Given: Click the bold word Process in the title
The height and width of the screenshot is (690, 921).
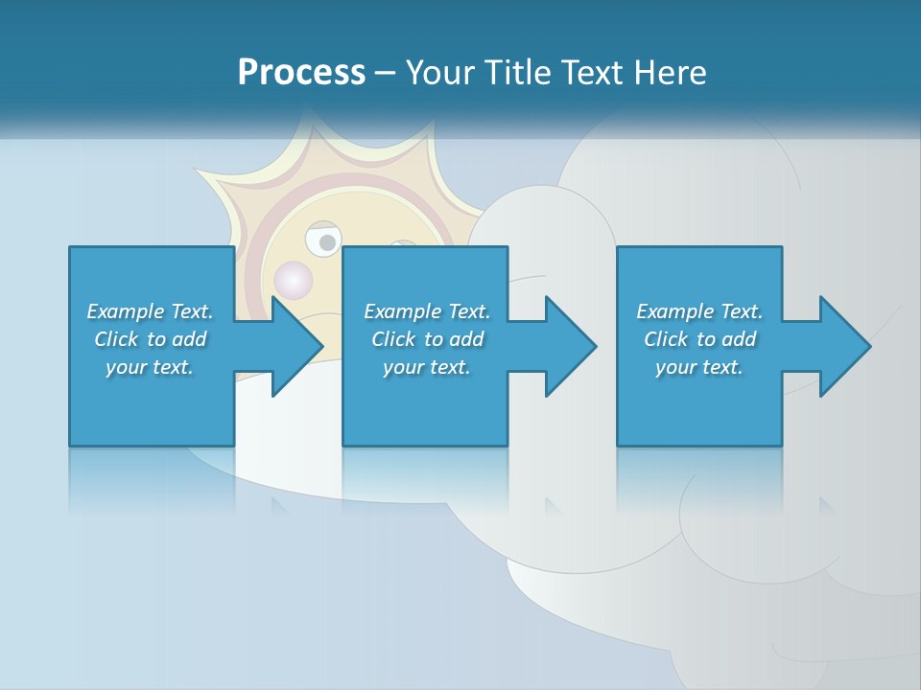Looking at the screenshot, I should tap(301, 73).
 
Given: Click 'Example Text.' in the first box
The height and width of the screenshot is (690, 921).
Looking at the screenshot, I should tap(150, 311).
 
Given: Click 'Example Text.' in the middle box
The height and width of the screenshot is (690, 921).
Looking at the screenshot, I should tap(427, 311).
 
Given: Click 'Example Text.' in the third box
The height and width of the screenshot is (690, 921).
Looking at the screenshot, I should tap(699, 311).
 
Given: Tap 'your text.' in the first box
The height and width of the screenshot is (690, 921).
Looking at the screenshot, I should tap(150, 367).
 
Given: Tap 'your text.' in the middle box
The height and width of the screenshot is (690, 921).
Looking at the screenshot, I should tap(427, 367).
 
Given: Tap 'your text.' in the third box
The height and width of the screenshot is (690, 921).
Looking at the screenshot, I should tap(699, 367).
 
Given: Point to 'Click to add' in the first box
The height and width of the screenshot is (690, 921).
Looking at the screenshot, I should tap(150, 339).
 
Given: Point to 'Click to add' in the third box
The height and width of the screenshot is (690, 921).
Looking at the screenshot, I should tap(699, 339).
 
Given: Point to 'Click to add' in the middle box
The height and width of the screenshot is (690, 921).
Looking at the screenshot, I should tap(427, 339).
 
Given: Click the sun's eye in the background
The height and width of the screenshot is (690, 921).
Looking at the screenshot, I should tap(322, 239).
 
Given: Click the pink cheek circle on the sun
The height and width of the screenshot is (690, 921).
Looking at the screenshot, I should tap(293, 280).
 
